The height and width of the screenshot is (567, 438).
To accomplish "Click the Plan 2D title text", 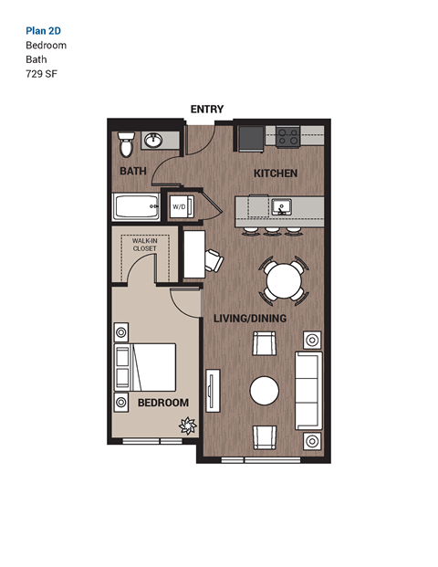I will tap(43, 30).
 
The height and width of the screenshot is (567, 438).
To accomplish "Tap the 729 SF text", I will tap(41, 74).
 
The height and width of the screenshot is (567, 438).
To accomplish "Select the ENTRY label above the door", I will tap(207, 109).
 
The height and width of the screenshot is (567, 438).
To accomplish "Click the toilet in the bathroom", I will tap(126, 144).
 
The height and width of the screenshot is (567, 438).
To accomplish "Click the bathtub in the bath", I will tap(135, 206).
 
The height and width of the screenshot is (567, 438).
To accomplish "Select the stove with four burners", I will tap(288, 138).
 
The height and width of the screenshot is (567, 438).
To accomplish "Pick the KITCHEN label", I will tap(275, 173).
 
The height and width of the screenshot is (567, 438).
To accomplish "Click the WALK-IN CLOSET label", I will tap(144, 245).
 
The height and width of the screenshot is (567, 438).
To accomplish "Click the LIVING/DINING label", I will tap(250, 319).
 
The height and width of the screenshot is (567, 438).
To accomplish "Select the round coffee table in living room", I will tap(266, 391).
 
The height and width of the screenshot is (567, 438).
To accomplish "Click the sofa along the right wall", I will tap(308, 391).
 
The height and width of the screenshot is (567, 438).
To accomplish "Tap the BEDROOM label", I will tap(162, 403).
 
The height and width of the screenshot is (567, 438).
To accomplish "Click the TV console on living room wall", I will tap(212, 391).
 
